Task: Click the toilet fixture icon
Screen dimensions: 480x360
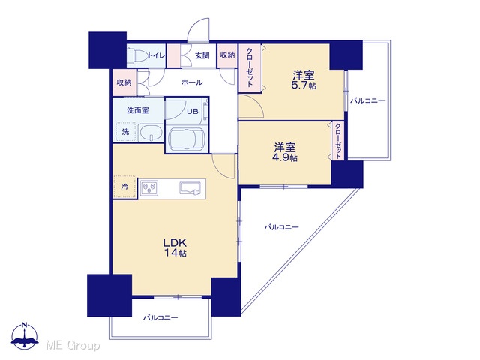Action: click(136, 55)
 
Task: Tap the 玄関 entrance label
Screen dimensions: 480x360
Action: click(202, 55)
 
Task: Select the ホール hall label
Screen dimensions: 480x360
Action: click(192, 82)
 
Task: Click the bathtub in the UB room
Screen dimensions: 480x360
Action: click(187, 139)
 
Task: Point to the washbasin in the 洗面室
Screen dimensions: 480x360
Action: click(151, 133)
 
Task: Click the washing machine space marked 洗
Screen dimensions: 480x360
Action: click(125, 132)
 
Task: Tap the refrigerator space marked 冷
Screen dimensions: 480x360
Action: click(124, 187)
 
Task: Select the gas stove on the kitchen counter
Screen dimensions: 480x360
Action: click(149, 188)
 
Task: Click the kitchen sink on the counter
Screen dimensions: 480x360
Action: click(190, 188)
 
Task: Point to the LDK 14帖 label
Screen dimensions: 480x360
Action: click(175, 247)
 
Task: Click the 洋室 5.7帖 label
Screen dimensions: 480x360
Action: click(304, 79)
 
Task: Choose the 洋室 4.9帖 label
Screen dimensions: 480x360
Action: click(285, 152)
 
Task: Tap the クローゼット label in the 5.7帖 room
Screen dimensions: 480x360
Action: click(250, 67)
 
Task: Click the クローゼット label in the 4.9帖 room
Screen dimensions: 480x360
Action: click(338, 141)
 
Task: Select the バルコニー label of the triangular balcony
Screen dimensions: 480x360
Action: click(282, 227)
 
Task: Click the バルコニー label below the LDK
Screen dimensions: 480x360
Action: click(160, 317)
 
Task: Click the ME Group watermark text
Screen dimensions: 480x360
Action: click(73, 345)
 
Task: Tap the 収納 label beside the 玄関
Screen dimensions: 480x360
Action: click(227, 55)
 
